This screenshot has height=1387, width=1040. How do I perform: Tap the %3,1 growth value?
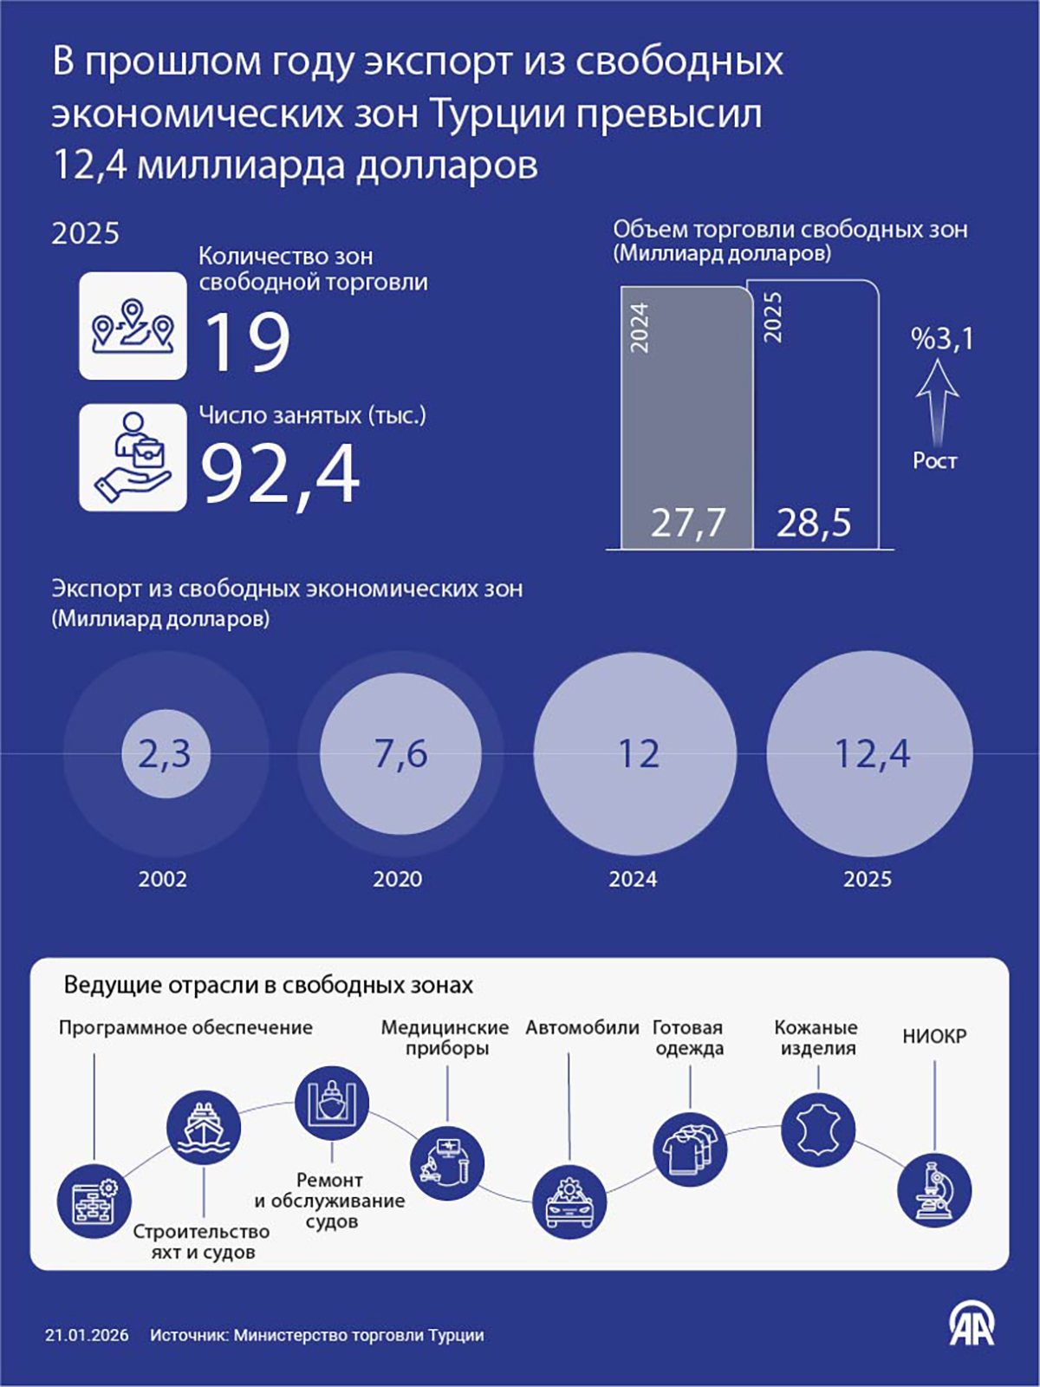coord(942,339)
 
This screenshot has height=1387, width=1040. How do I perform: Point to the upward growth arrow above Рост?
coord(937,402)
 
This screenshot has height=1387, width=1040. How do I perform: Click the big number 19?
coord(247,342)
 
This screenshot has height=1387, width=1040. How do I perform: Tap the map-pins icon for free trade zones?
coord(133,326)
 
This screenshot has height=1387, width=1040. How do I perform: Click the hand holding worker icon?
coord(133,458)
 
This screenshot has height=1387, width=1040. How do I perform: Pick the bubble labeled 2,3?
coord(165,753)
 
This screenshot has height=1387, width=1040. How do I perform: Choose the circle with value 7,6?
coord(400,753)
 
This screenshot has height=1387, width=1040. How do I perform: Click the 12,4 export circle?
coord(870,753)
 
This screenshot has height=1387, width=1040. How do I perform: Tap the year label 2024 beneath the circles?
coord(633,879)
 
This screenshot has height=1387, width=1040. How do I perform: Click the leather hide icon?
coord(818,1130)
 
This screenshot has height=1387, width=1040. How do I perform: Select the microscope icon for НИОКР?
coord(934,1190)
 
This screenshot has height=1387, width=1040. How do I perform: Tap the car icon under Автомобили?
coord(569,1201)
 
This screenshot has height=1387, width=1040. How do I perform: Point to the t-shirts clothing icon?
coord(690,1149)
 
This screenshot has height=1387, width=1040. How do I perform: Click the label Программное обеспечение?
coord(185,1028)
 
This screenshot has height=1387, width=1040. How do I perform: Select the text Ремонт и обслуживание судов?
coord(329,1201)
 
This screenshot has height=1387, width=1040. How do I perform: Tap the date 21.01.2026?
coord(87,1336)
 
